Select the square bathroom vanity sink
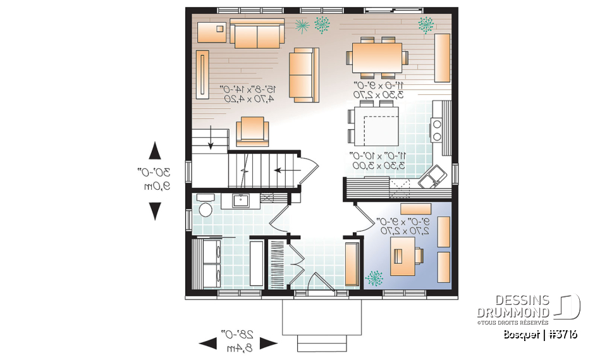tap(240, 201)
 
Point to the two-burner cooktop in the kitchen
tap(436, 129)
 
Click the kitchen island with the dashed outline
tap(376, 126)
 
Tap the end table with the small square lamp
tap(211, 31)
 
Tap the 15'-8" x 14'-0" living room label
tap(247, 93)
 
